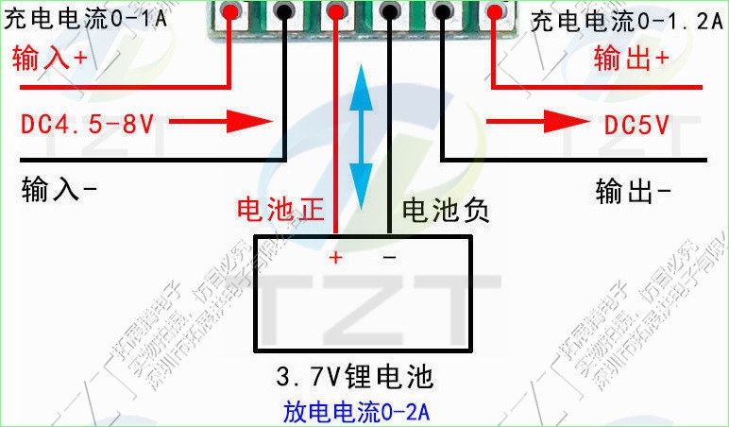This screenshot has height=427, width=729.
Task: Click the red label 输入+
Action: click(x=49, y=60)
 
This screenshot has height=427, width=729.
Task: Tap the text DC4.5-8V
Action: click(x=87, y=123)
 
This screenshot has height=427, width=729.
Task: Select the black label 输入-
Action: click(x=59, y=191)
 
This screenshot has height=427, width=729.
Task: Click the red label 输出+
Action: click(x=632, y=60)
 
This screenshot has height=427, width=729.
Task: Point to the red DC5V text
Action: click(x=637, y=124)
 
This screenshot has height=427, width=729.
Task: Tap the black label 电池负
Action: click(x=446, y=211)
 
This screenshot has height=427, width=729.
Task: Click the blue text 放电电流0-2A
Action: click(x=358, y=413)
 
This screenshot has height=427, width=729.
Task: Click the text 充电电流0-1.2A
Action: click(x=627, y=20)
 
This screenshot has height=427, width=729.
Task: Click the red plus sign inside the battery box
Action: click(x=334, y=257)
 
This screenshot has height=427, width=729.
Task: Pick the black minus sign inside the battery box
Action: click(x=389, y=257)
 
